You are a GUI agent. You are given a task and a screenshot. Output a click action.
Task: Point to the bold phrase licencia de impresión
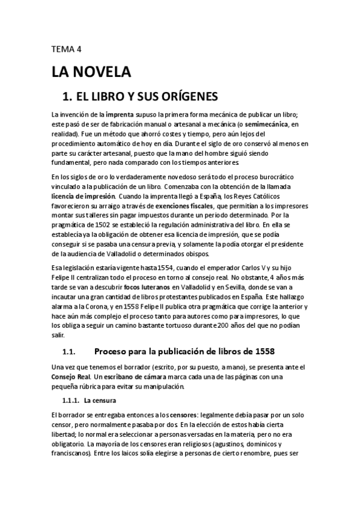pyautogui.click(x=85, y=196)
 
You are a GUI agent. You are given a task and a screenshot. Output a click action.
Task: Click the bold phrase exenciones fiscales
pyautogui.click(x=179, y=204)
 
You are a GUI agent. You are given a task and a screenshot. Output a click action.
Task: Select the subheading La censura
pyautogui.click(x=100, y=399)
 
